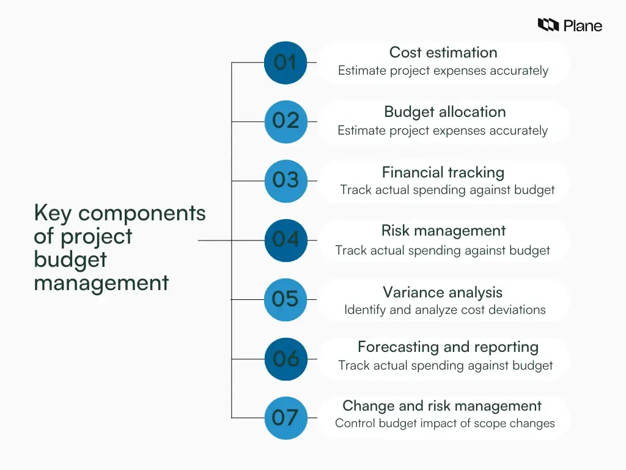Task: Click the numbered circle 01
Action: point(285,62)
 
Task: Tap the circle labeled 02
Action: point(285,121)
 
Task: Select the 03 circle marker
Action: point(285,181)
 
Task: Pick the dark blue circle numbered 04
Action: point(285,240)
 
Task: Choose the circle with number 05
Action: point(285,299)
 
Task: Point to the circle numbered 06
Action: point(285,359)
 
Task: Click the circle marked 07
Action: point(285,418)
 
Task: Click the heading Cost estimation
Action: point(443,53)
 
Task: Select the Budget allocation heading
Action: point(445,112)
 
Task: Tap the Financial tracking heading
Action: point(443,172)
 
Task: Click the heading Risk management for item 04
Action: point(443,231)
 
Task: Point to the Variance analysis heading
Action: point(443,292)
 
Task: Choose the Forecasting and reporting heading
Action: point(448,347)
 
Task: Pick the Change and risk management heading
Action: point(442,406)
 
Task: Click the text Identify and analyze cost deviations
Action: point(444,310)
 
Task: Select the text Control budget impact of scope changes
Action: point(444,423)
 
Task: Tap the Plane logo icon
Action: point(548,25)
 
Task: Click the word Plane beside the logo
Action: point(583,26)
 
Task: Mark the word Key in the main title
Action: point(53,214)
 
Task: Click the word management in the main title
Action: point(101,283)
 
